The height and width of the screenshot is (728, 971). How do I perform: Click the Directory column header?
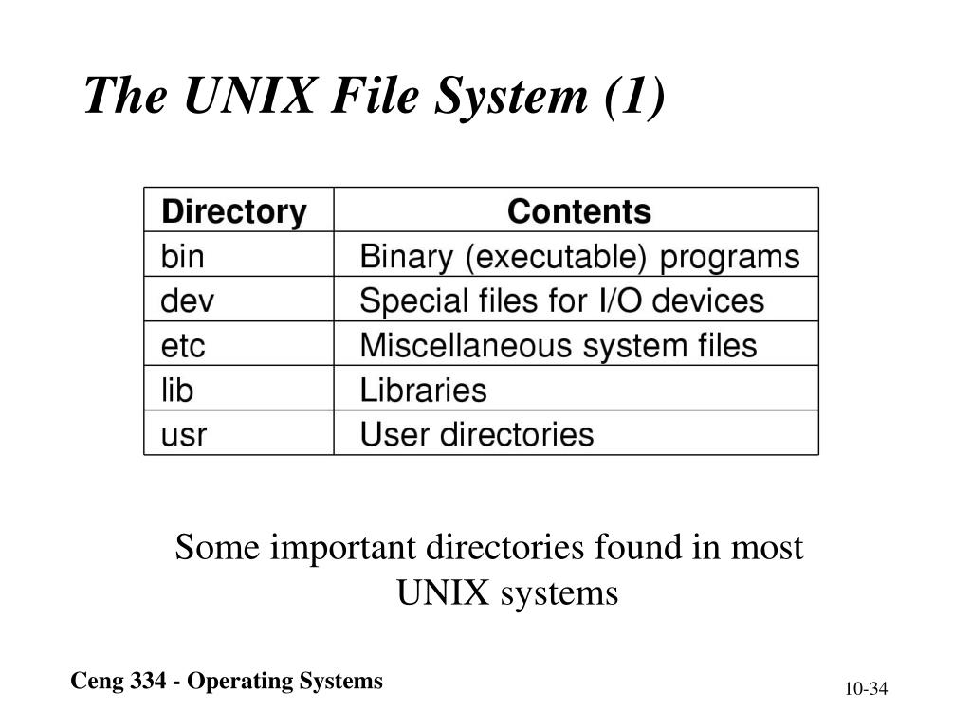point(233,211)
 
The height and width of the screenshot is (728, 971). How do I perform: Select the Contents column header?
point(578,211)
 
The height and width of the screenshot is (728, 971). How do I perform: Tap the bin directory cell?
point(183,256)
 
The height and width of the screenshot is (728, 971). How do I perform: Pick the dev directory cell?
point(188,300)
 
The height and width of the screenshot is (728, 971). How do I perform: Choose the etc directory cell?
point(183,345)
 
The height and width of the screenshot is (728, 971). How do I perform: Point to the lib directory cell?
point(177,390)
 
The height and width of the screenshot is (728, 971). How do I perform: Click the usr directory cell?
point(184,434)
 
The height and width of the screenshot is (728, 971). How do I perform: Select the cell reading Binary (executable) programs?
point(579,256)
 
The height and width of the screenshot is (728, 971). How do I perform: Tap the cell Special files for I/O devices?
point(561,300)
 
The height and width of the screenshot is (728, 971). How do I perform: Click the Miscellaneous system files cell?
point(558,345)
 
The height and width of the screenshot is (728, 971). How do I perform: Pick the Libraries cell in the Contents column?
point(423,390)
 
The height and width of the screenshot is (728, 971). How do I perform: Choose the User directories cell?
point(476,434)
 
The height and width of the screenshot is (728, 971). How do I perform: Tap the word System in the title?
point(513,96)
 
